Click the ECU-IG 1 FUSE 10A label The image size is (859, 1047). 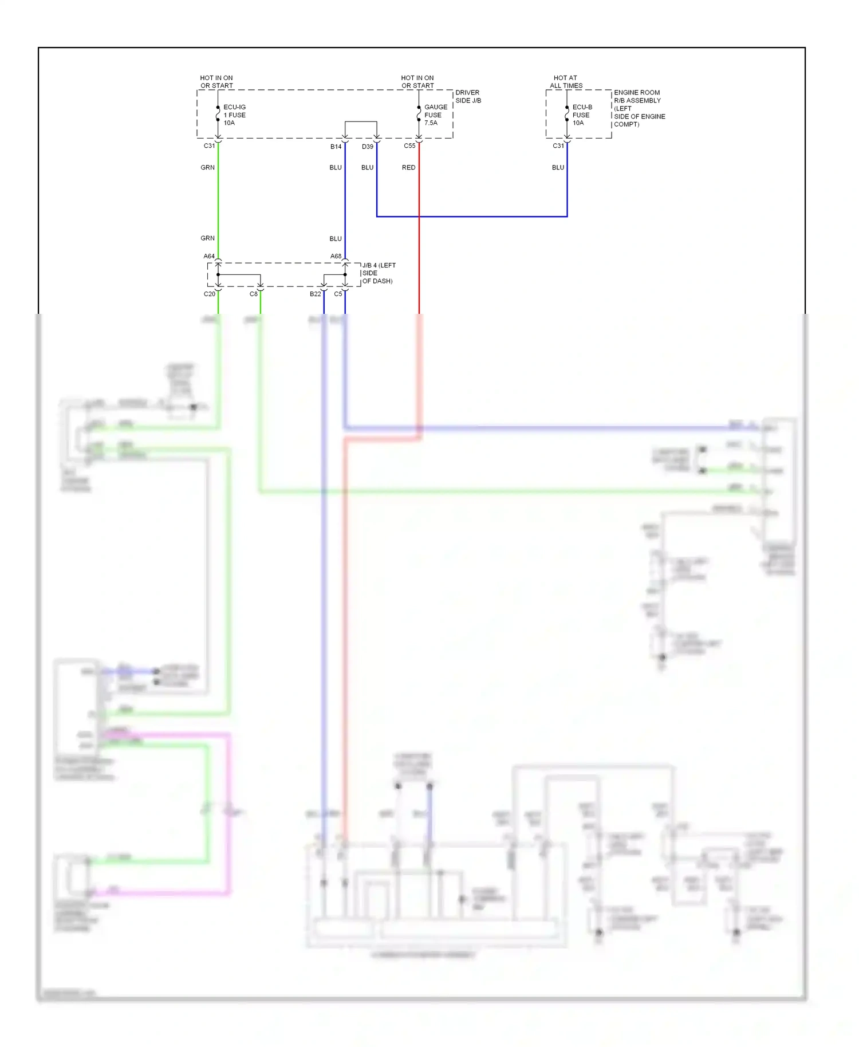tap(234, 115)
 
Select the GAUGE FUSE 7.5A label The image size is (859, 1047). tap(435, 115)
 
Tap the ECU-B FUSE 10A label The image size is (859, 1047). tap(582, 115)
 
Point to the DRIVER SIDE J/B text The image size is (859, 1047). tap(468, 96)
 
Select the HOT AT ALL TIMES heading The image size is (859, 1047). tap(566, 81)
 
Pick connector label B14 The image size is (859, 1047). tap(336, 147)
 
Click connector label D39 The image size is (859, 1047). tap(367, 147)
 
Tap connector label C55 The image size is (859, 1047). tap(409, 145)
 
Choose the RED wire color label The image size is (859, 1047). tap(408, 167)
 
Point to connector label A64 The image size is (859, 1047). tap(209, 256)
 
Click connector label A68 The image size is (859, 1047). tap(336, 256)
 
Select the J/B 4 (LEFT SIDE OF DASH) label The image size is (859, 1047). tap(378, 273)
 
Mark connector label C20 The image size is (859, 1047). tap(210, 294)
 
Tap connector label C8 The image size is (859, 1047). tap(253, 294)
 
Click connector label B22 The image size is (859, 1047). tap(315, 294)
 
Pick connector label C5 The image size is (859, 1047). tap(338, 294)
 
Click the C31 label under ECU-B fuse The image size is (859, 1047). tap(558, 145)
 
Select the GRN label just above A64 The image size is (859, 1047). tap(207, 238)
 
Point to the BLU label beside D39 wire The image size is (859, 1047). tap(367, 167)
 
